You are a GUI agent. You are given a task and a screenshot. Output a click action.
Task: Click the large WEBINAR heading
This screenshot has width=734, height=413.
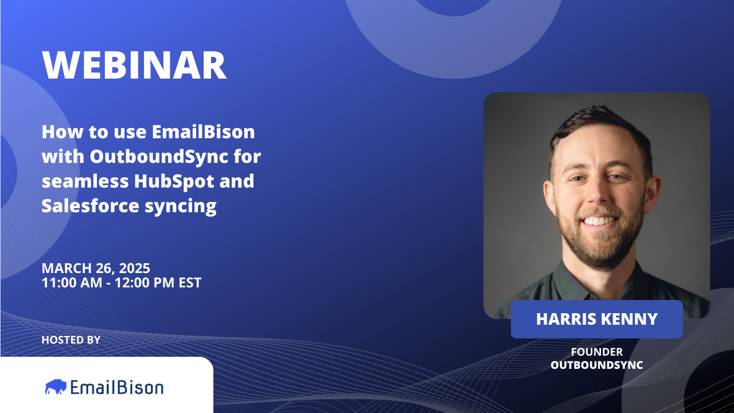pos(134,65)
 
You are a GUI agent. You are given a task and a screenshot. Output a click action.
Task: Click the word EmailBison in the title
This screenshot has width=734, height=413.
pos(203,132)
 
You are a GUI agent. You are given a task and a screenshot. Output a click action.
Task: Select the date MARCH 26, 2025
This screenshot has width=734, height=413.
pos(96,268)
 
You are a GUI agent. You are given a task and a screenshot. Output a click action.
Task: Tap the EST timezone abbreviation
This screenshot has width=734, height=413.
pos(189,282)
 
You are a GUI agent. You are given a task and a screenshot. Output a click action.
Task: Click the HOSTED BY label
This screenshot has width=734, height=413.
pos(71,340)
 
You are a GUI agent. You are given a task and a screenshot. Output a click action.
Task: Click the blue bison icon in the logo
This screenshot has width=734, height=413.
pos(56,387)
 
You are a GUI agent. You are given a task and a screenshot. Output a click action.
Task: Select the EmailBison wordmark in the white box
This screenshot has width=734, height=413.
pos(117,387)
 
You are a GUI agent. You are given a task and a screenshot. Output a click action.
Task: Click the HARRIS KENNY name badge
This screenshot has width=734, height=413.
pos(596,319)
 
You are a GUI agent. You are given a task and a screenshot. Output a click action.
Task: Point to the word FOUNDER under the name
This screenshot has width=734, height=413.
pos(596,352)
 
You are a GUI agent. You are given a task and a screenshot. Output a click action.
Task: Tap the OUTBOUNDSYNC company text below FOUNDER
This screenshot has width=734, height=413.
pos(596,365)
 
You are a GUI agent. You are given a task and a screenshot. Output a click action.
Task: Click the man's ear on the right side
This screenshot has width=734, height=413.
pos(651,193)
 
